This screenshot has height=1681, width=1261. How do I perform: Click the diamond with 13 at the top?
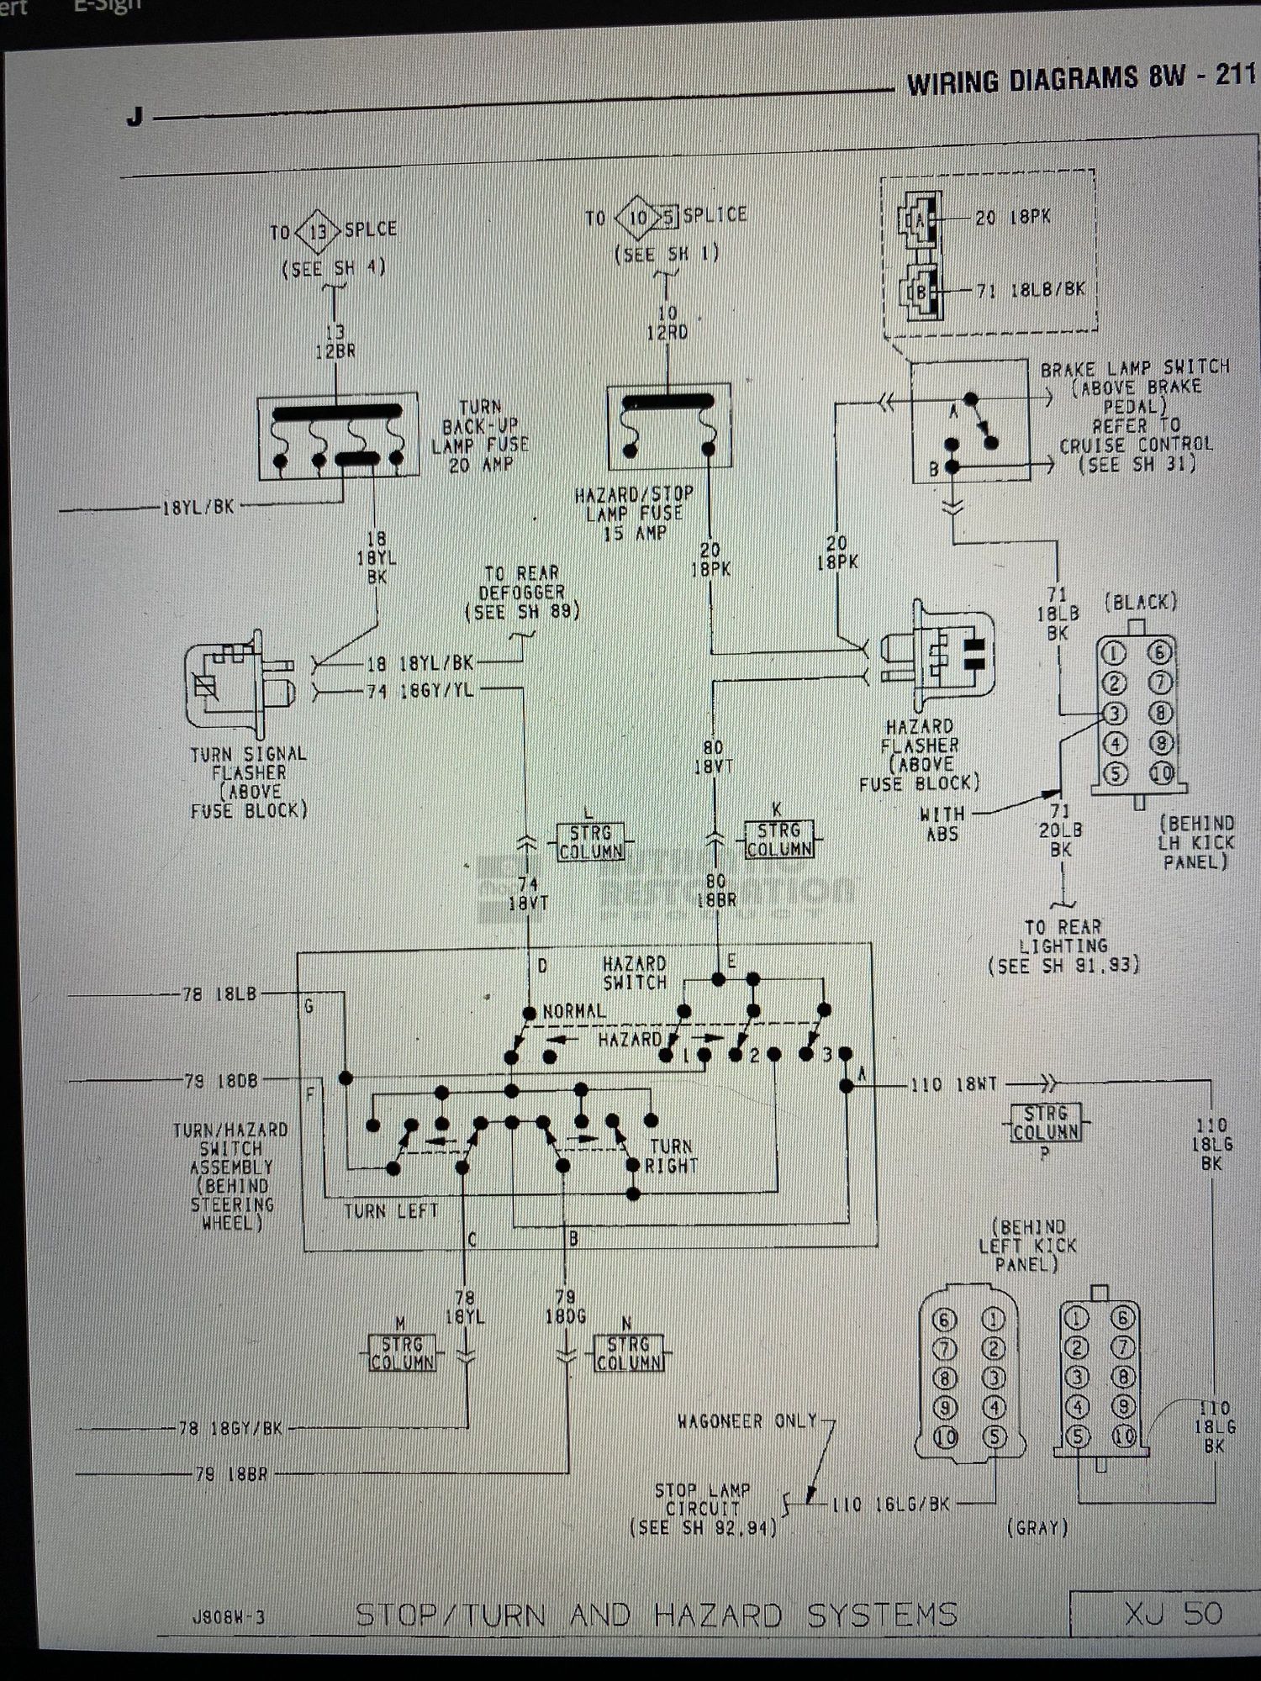pos(317,230)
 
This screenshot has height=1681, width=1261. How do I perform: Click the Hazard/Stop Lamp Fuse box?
pos(668,426)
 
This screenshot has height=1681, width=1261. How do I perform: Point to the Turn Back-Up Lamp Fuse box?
pos(337,436)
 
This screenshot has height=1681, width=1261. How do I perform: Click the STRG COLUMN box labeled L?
pos(591,841)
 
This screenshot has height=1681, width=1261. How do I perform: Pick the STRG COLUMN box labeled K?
pos(779,839)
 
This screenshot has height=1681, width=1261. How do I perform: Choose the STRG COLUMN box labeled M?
pos(403,1352)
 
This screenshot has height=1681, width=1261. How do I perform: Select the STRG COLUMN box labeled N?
pos(629,1353)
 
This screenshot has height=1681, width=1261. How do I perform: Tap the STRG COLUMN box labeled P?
pos(1046,1123)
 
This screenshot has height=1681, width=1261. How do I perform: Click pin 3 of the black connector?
pos(1114,714)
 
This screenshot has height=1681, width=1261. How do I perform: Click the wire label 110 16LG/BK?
pos(890,1504)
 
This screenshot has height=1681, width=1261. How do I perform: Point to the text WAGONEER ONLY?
pos(747,1421)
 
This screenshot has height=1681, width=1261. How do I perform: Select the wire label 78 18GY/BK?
pos(230,1428)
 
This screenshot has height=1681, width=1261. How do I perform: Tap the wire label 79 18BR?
pos(230,1473)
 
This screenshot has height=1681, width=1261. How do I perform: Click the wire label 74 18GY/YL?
pos(420,691)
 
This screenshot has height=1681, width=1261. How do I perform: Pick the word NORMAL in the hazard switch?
pos(574,1011)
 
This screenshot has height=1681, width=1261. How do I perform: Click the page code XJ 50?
pos(1174,1613)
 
